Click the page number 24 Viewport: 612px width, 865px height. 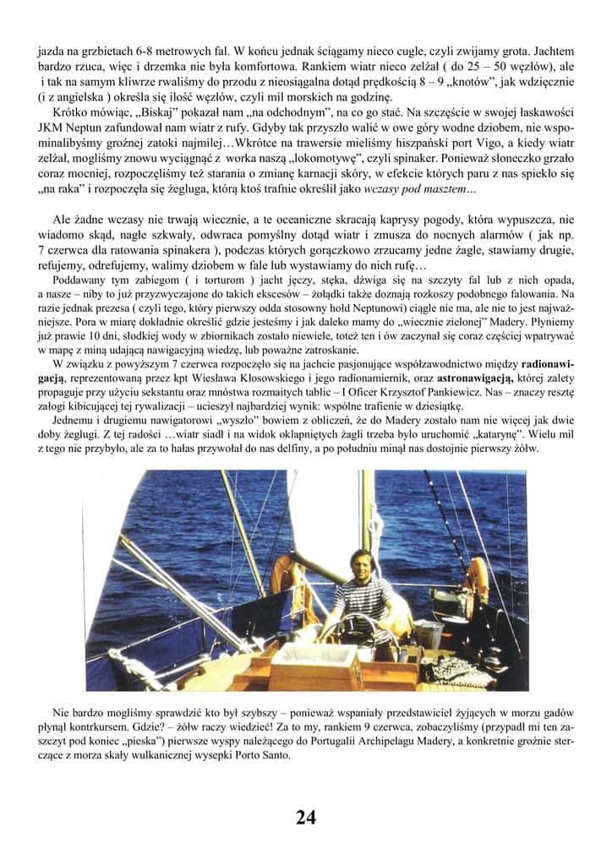(306, 817)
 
